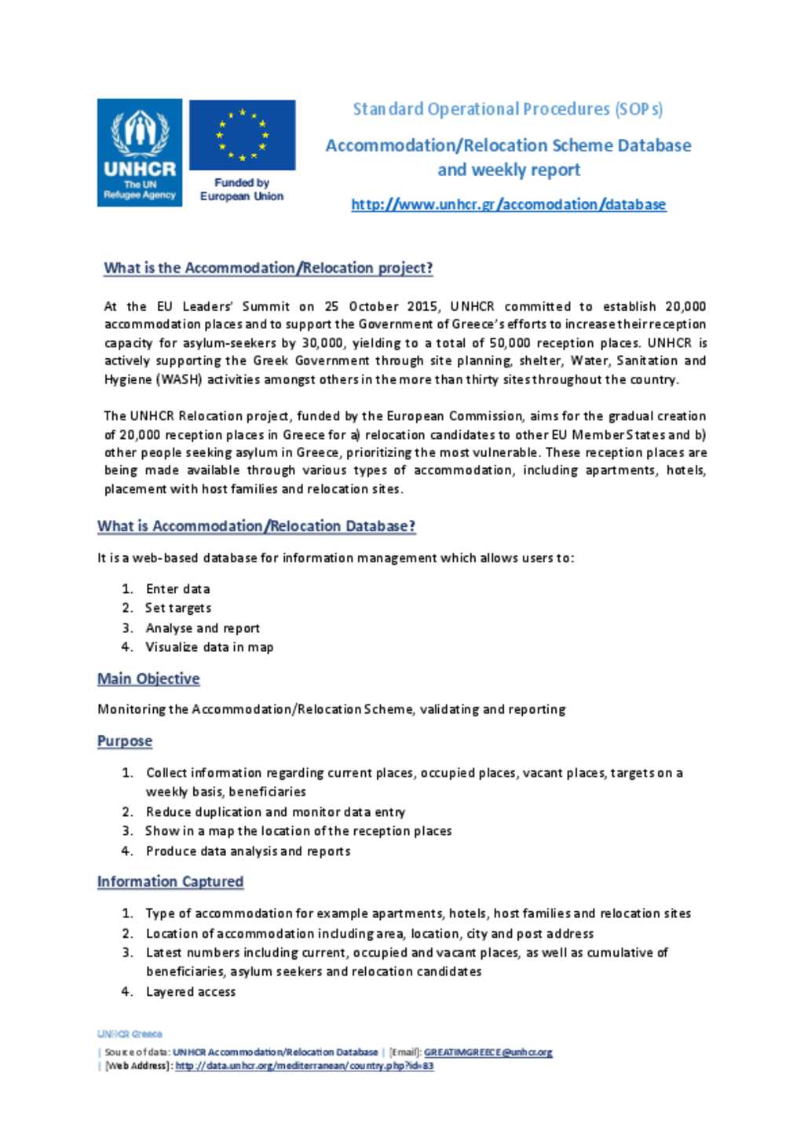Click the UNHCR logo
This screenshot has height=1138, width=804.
click(x=140, y=152)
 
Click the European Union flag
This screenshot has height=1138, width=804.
click(x=242, y=134)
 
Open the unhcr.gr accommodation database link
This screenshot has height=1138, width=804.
click(x=508, y=205)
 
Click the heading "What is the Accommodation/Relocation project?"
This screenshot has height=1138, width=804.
click(x=268, y=268)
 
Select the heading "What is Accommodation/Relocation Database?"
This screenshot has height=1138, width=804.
click(x=256, y=526)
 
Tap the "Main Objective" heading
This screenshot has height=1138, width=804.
click(x=148, y=679)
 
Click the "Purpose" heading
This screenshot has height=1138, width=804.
click(x=125, y=741)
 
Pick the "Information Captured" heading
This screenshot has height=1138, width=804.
click(x=170, y=881)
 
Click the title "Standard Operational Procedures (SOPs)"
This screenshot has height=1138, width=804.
click(x=507, y=109)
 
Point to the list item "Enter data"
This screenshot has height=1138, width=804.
click(x=177, y=589)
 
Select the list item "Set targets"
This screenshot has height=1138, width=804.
click(x=178, y=608)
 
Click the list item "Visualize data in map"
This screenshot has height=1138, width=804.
click(x=209, y=647)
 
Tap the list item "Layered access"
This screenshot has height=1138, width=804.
click(x=191, y=992)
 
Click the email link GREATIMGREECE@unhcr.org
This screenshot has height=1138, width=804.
click(x=488, y=1052)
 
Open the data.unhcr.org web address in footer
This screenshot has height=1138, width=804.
click(x=304, y=1066)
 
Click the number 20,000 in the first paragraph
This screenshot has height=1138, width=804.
click(x=685, y=306)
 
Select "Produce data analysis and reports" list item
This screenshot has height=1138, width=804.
click(x=247, y=851)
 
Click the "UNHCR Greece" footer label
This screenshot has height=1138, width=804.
click(x=130, y=1034)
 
